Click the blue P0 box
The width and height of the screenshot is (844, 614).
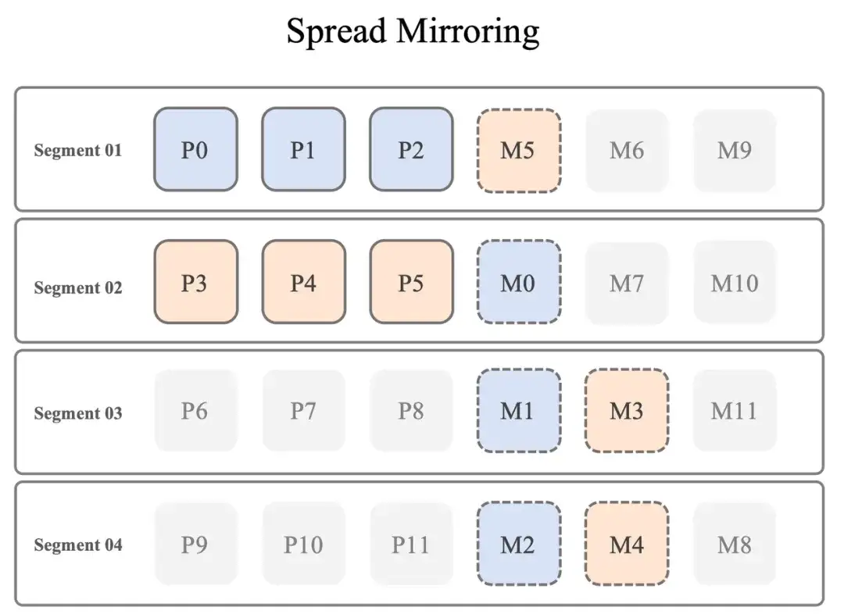click(x=195, y=149)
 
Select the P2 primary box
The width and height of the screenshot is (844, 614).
click(x=411, y=149)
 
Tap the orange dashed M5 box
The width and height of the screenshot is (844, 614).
click(x=518, y=150)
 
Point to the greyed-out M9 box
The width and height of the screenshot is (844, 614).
click(x=735, y=150)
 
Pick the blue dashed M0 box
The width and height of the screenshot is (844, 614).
click(x=518, y=282)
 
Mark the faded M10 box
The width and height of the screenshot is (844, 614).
click(x=735, y=282)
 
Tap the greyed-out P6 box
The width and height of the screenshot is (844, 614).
click(x=195, y=410)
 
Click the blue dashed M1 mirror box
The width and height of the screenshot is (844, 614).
click(x=518, y=411)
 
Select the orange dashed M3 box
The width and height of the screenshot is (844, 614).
click(x=626, y=411)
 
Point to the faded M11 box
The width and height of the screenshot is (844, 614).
click(x=735, y=410)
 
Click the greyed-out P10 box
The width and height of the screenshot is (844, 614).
click(x=303, y=543)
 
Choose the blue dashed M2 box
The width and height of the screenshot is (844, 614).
click(x=518, y=544)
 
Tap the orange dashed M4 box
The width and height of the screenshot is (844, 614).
click(x=626, y=544)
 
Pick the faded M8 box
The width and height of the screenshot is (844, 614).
click(x=735, y=543)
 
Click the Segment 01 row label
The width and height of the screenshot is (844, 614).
click(x=78, y=150)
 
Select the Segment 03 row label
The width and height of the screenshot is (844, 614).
click(x=78, y=413)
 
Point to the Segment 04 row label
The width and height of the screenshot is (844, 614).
click(x=78, y=544)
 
